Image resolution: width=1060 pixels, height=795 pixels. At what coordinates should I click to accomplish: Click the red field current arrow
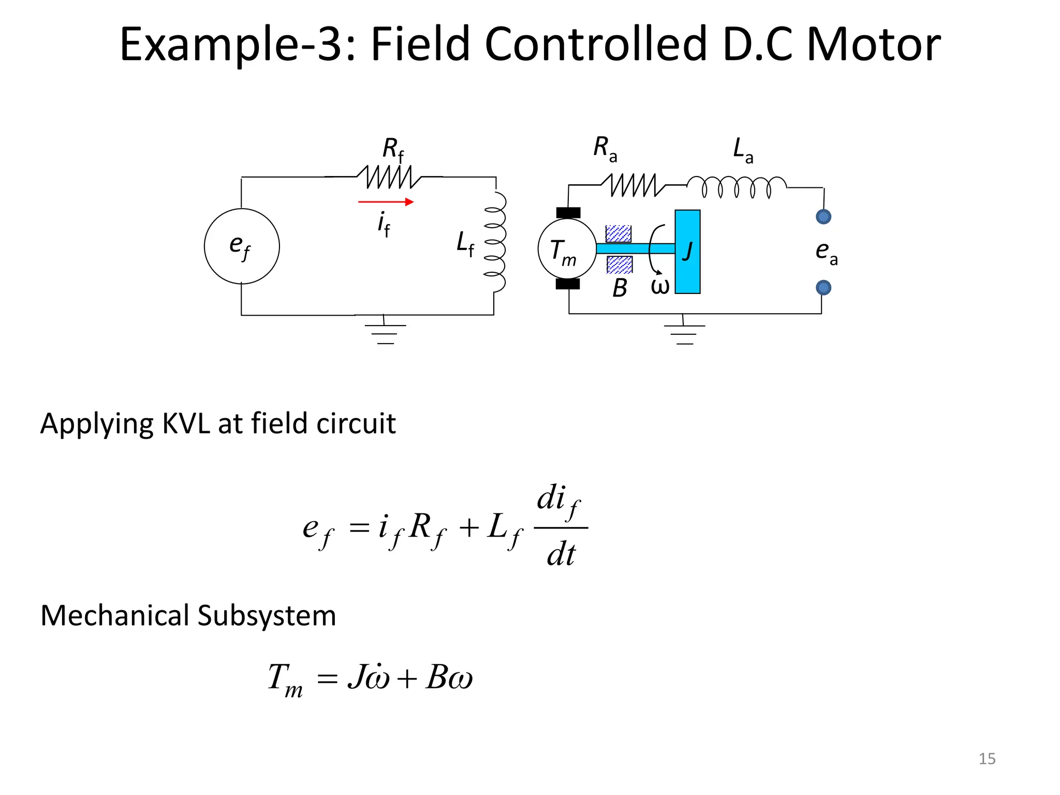point(386,202)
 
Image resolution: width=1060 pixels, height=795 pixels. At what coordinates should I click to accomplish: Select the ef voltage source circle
point(242,246)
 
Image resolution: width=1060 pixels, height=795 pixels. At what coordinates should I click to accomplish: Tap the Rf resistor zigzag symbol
point(389,177)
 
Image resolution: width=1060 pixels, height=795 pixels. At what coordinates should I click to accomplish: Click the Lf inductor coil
point(495,242)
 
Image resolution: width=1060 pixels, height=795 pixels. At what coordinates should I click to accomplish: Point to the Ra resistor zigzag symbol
point(633,185)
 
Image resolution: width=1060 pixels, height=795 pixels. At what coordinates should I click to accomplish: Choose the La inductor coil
point(737,187)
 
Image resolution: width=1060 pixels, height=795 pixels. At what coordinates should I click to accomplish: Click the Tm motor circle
point(567,248)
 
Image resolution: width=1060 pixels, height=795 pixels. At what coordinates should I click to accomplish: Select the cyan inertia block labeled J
point(687,252)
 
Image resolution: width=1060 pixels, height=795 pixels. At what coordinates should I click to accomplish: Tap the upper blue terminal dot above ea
point(823,216)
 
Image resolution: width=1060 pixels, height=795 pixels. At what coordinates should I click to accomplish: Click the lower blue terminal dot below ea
point(823,287)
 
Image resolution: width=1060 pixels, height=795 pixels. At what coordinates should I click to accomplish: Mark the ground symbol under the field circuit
point(385,333)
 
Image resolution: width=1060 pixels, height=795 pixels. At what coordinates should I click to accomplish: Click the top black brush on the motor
point(568,213)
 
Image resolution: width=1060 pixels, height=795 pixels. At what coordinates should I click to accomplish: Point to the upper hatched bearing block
point(619,233)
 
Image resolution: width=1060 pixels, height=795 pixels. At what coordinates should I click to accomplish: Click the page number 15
point(987,759)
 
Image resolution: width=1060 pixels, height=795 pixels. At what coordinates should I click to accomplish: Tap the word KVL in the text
point(186,423)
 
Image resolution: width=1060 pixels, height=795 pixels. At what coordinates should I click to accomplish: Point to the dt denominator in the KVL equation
point(561,555)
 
